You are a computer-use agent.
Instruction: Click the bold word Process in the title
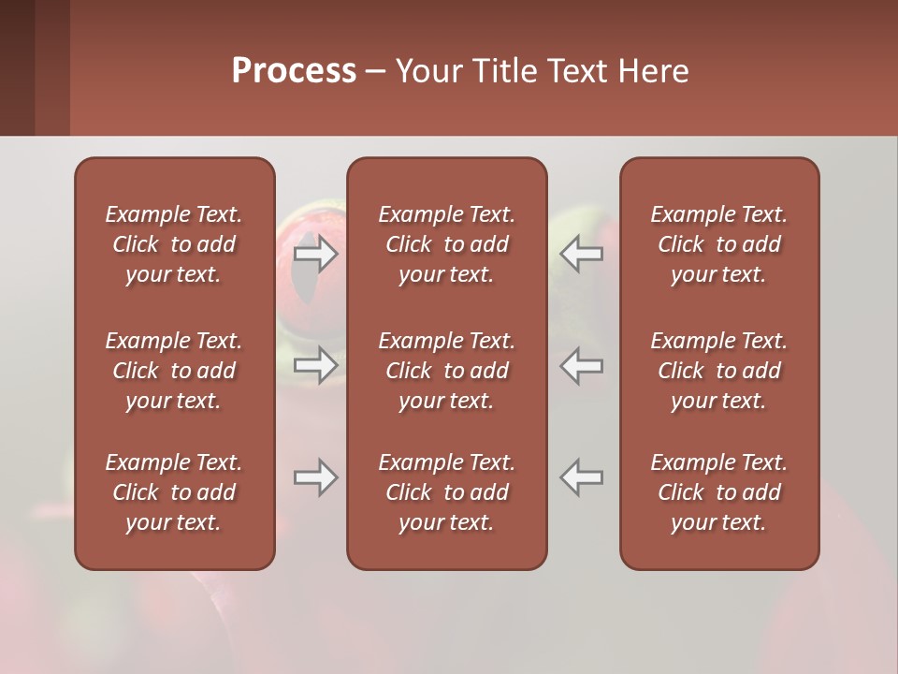[294, 71]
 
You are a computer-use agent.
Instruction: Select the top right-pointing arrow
[315, 254]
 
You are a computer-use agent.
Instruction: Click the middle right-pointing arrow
[315, 365]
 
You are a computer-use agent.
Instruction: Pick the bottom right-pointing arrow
[315, 478]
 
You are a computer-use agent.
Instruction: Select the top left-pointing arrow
[582, 254]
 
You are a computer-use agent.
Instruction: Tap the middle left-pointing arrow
[582, 365]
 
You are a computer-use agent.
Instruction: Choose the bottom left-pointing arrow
[582, 478]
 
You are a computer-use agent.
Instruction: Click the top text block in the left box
[174, 244]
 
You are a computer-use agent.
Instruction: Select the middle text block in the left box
[174, 371]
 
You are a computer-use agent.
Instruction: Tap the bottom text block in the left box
[174, 492]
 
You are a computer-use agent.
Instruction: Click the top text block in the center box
[446, 244]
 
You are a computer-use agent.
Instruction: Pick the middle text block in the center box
[446, 371]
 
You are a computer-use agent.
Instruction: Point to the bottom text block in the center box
[446, 492]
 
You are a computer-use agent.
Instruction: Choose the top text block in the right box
[718, 244]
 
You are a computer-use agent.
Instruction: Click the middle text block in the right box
[718, 371]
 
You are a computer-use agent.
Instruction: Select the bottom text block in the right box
[718, 492]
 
